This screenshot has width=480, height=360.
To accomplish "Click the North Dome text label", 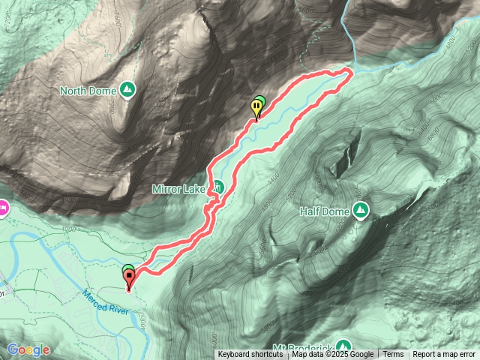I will click(x=88, y=91).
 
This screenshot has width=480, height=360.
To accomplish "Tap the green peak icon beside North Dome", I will click(x=127, y=90).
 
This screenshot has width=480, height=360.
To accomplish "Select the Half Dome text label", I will click(x=325, y=212).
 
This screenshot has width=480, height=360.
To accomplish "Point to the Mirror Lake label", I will click(x=178, y=188).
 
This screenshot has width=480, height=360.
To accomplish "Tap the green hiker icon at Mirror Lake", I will click(x=217, y=187).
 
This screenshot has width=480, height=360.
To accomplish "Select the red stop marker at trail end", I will click(x=129, y=280).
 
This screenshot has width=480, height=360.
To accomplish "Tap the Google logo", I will click(x=28, y=349).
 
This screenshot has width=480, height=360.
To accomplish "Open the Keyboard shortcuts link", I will click(x=250, y=355).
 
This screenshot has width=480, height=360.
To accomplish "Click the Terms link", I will click(x=393, y=355).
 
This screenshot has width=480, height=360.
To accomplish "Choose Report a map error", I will click(x=444, y=355).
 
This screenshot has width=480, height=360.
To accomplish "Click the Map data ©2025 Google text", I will click(x=332, y=355).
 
